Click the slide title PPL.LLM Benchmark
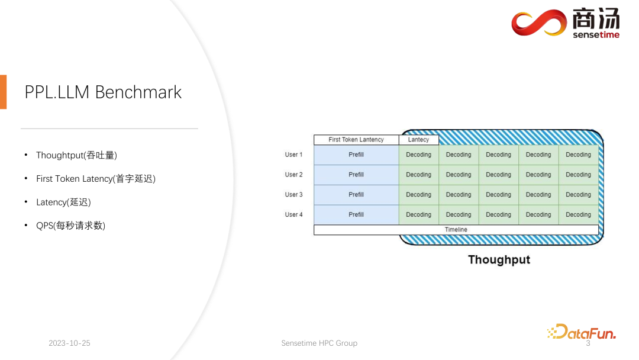[x=103, y=92]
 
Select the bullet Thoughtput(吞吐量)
[x=76, y=155]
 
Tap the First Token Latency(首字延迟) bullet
[x=95, y=179]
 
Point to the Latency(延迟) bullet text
[x=63, y=202]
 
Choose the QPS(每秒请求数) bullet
[x=70, y=226]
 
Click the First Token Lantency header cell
[x=356, y=140]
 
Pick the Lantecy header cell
[x=418, y=140]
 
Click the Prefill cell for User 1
[x=356, y=155]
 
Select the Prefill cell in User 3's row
[x=356, y=195]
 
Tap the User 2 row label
[x=293, y=175]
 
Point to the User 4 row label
[x=293, y=214]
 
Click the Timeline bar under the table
[x=456, y=230]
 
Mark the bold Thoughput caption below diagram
[x=499, y=260]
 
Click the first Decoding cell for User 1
[x=418, y=155]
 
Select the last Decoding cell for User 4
[x=578, y=214]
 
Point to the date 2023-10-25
[x=69, y=343]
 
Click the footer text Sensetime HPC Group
[x=319, y=343]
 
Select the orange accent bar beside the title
[x=3, y=92]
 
